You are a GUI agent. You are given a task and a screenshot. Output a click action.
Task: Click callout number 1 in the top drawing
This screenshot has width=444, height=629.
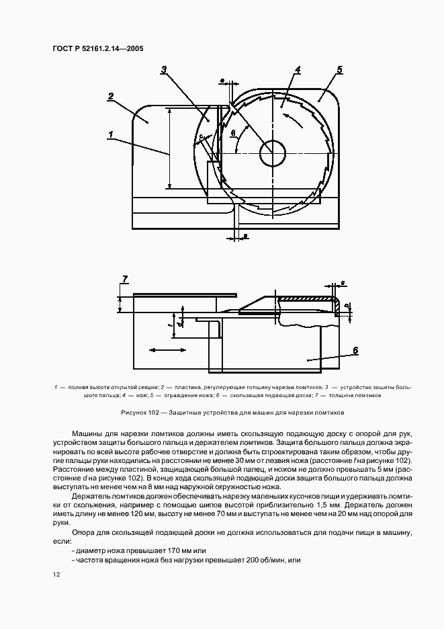pyautogui.click(x=109, y=134)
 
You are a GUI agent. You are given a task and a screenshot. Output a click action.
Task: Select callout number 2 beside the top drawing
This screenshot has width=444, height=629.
pyautogui.click(x=111, y=96)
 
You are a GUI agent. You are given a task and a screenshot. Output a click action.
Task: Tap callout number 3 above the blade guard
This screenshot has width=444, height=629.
pyautogui.click(x=164, y=69)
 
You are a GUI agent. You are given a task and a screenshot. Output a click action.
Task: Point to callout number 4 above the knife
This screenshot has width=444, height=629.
pyautogui.click(x=298, y=69)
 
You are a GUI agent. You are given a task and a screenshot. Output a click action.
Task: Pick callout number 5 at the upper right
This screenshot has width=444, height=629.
pyautogui.click(x=339, y=69)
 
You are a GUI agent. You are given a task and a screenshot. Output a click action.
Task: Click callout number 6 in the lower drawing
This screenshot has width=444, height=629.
pyautogui.click(x=355, y=350)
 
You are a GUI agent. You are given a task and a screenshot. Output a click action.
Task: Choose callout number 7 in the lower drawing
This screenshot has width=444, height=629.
pyautogui.click(x=124, y=278)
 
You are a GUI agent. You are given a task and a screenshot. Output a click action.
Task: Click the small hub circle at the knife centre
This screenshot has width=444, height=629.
pyautogui.click(x=273, y=153)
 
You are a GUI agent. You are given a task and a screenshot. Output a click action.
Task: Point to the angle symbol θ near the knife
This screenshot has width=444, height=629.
pyautogui.click(x=232, y=133)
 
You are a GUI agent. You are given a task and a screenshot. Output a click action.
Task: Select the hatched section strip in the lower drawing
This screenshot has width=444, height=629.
pyautogui.click(x=306, y=298)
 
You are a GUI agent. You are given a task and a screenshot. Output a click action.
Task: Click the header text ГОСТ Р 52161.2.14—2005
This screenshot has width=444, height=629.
pyautogui.click(x=98, y=48)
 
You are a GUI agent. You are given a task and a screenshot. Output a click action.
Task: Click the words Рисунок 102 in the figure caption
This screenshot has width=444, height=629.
pyautogui.click(x=140, y=412)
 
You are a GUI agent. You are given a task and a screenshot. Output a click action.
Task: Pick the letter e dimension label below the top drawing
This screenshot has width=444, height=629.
pyautogui.click(x=245, y=236)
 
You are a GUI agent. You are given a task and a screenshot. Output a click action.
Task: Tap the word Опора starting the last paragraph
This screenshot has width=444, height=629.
pyautogui.click(x=84, y=532)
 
